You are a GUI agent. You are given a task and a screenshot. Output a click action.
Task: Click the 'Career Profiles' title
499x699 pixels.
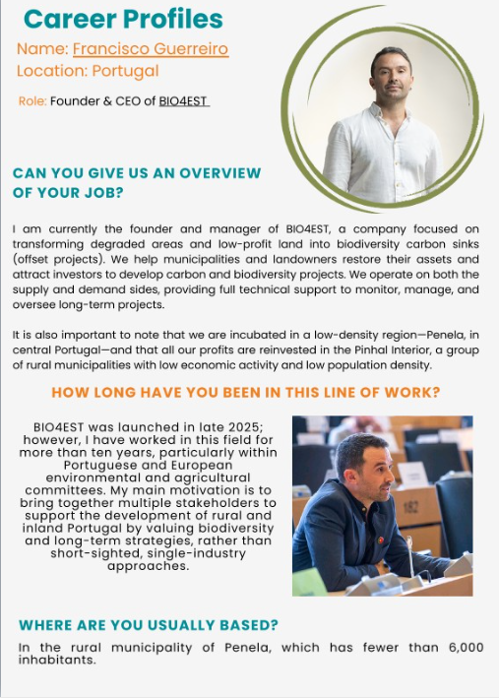click(x=123, y=19)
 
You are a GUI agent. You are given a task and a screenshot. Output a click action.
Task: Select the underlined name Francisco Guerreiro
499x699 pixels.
click(x=150, y=48)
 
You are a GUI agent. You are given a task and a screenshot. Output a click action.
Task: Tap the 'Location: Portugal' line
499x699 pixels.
click(x=88, y=71)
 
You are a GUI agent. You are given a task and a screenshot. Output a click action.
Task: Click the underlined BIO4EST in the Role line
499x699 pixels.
click(x=184, y=101)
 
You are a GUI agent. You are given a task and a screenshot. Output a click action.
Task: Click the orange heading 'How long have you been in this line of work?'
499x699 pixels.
click(x=245, y=393)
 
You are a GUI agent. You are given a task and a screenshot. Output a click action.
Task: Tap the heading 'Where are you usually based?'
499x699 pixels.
click(x=149, y=624)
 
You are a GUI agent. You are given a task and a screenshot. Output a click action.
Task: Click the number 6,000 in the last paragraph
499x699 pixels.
click(x=462, y=647)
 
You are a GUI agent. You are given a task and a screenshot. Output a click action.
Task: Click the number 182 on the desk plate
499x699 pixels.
click(x=407, y=505)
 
